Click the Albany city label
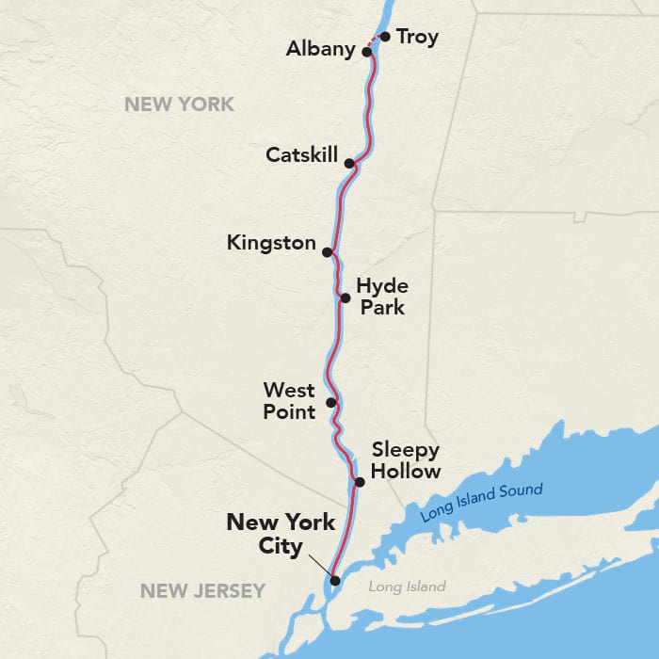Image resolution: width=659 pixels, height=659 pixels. pos(320,48)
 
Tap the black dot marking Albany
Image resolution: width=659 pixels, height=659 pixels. pos(367,52)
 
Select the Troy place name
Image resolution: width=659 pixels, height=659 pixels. pos(416,37)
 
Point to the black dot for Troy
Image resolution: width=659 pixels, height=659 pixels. pos(384,37)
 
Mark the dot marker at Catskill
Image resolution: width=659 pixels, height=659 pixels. pos(349,163)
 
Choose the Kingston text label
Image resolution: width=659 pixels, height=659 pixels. pos(271,243)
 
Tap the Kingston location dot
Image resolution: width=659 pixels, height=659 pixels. pos(327,252)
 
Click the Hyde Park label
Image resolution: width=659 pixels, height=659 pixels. pos(382,296)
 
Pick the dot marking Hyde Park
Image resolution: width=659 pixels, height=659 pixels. pos(346,297)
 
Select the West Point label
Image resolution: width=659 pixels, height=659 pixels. pos(289,399)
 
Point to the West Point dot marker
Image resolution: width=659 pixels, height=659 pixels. pos(330,403)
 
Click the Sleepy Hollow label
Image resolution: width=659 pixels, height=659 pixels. pos(406,459)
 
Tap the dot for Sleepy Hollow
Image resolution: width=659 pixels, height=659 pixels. pos(359,482)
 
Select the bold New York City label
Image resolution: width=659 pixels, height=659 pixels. pos(281,534)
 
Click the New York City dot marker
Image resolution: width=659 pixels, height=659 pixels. pos(334,580)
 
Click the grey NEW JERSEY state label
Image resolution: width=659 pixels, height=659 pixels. pos(202,591)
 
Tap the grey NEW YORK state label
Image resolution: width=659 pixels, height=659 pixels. pos(179,104)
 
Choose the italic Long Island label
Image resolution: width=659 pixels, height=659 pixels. pos(407,587)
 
